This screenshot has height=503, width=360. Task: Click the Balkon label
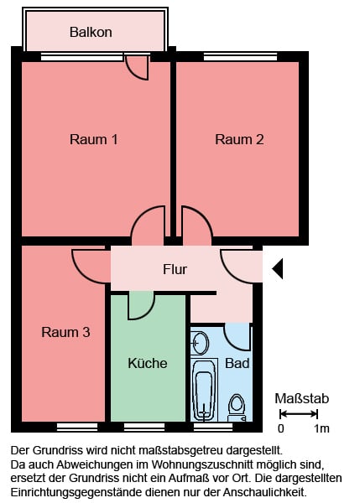pyautogui.click(x=91, y=32)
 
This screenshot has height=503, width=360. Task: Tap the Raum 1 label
pyautogui.click(x=94, y=139)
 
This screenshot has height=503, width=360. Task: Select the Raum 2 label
pyautogui.click(x=239, y=139)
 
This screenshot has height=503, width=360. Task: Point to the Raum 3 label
pyautogui.click(x=65, y=332)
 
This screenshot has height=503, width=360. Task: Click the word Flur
pyautogui.click(x=175, y=269)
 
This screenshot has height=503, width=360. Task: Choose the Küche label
pyautogui.click(x=148, y=363)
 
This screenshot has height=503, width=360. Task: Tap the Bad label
pyautogui.click(x=237, y=363)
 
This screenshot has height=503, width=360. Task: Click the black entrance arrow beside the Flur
pyautogui.click(x=278, y=268)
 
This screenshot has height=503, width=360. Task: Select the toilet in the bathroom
pyautogui.click(x=237, y=407)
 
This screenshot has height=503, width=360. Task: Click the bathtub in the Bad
pyautogui.click(x=204, y=390)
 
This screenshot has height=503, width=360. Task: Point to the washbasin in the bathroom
pyautogui.click(x=200, y=343)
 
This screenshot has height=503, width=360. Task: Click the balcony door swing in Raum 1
pyautogui.click(x=137, y=68)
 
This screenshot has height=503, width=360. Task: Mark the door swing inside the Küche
pyautogui.click(x=141, y=306)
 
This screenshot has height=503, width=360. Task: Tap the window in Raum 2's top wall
pyautogui.click(x=241, y=57)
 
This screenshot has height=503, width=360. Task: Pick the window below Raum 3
pyautogui.click(x=77, y=427)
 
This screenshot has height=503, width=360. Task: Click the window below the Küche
pyautogui.click(x=144, y=427)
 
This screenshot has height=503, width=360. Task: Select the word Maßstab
pyautogui.click(x=302, y=398)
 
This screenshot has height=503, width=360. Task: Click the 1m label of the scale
pyautogui.click(x=321, y=428)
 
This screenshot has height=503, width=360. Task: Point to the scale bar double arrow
pyautogui.click(x=299, y=414)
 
